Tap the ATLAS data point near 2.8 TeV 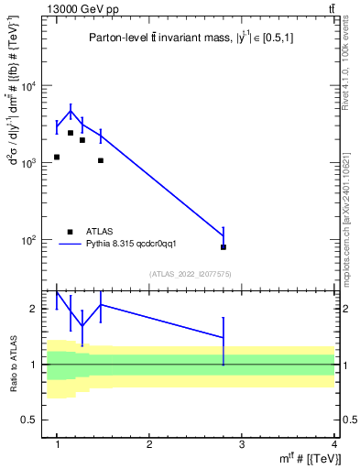224,247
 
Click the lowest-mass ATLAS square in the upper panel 57,157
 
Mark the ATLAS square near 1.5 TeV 101,160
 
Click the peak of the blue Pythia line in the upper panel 71,111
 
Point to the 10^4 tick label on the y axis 28,86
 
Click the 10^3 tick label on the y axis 28,163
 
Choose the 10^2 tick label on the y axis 28,240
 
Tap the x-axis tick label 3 242,444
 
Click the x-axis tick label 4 333,444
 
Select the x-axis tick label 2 149,444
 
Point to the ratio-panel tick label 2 34,309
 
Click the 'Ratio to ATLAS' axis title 13,364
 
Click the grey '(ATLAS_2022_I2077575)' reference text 190,274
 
